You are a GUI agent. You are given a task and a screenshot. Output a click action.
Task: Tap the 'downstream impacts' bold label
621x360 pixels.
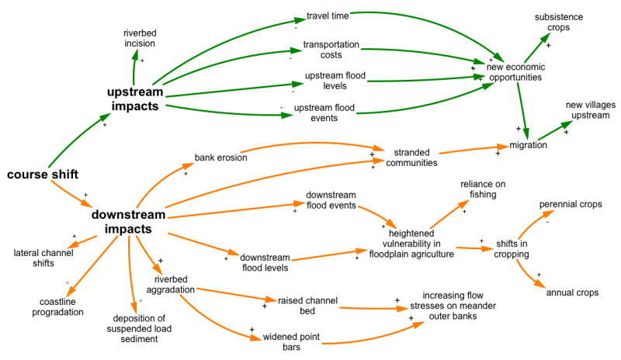[127, 222]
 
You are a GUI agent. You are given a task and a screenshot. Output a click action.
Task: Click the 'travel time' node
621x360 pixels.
[328, 15]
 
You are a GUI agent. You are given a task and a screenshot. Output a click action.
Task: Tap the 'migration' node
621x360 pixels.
[528, 145]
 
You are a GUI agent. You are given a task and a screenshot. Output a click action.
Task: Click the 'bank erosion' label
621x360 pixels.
[221, 157]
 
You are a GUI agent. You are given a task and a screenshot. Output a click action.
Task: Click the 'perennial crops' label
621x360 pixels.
[571, 205]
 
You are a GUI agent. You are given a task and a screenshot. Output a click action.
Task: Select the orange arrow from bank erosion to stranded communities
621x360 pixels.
[310, 144]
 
